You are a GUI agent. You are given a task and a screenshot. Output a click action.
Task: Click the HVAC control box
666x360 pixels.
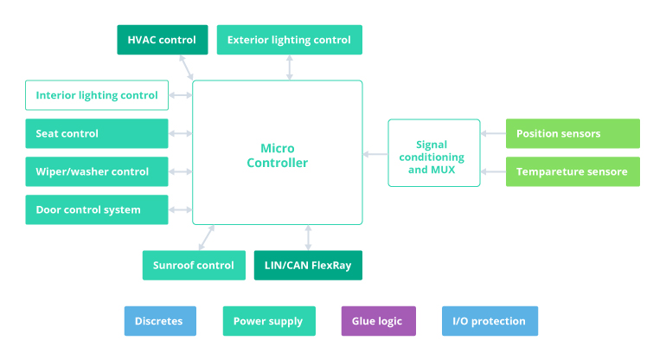coord(163,40)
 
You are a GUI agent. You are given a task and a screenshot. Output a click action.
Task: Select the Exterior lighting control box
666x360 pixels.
coord(289,40)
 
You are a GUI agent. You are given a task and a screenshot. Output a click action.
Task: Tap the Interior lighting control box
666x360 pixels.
coord(97,95)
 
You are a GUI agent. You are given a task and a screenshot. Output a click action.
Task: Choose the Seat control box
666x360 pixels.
coord(97,133)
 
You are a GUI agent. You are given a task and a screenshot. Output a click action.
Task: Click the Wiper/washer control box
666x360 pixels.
coord(97,171)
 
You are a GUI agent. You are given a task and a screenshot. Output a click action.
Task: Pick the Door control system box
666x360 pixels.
coord(97,209)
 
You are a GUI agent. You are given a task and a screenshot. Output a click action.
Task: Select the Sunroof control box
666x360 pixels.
coord(193,265)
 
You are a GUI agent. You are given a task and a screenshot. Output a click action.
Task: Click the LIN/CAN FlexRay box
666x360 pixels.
coord(308,265)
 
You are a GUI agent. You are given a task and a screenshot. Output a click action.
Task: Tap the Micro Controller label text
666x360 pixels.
coord(277,156)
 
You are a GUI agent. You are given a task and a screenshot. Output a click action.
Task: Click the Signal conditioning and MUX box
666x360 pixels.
coord(434,152)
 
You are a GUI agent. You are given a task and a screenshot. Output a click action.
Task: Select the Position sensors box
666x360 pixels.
coord(573,133)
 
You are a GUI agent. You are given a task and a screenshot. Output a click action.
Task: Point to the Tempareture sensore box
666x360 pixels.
coord(573,171)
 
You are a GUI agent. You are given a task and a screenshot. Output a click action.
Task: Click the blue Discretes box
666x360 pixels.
coord(160,321)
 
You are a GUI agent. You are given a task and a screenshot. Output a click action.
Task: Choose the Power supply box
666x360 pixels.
coord(269,321)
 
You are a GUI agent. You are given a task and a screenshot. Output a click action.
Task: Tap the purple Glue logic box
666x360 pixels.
coord(378,321)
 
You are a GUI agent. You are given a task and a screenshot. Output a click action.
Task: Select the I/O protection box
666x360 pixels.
coord(490,321)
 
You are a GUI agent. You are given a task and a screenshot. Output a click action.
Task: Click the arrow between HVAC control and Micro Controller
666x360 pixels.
coord(186,67)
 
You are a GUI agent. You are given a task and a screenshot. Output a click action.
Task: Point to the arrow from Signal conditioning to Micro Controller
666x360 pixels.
coord(375,154)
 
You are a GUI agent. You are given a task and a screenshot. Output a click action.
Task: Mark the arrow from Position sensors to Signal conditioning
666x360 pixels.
coord(493,133)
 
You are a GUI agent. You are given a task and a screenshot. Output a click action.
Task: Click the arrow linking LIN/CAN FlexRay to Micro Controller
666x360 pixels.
coord(308,238)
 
